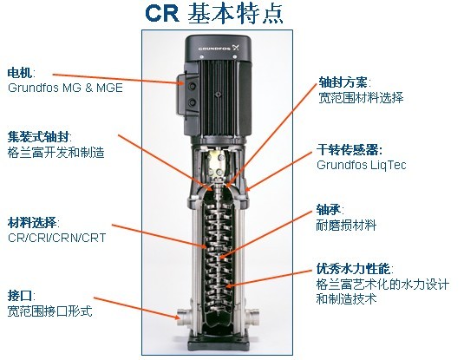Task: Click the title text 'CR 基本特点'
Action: click(214, 14)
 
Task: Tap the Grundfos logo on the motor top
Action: click(219, 48)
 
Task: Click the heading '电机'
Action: click(20, 73)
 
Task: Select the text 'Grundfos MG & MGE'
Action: click(65, 88)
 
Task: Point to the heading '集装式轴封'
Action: click(38, 137)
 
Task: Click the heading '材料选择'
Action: click(32, 223)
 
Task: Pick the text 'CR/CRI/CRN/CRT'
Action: click(57, 238)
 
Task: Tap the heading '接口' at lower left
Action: click(20, 296)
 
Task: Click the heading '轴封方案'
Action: click(343, 82)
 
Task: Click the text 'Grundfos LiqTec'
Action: click(362, 165)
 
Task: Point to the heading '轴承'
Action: click(329, 210)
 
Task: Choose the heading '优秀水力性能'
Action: click(353, 269)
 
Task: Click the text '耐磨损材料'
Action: click(346, 226)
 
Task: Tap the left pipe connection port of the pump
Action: click(184, 317)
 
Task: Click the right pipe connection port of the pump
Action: click(252, 316)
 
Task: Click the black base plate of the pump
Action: click(218, 344)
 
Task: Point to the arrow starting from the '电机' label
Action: click(119, 79)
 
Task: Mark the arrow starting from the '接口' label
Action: click(137, 308)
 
